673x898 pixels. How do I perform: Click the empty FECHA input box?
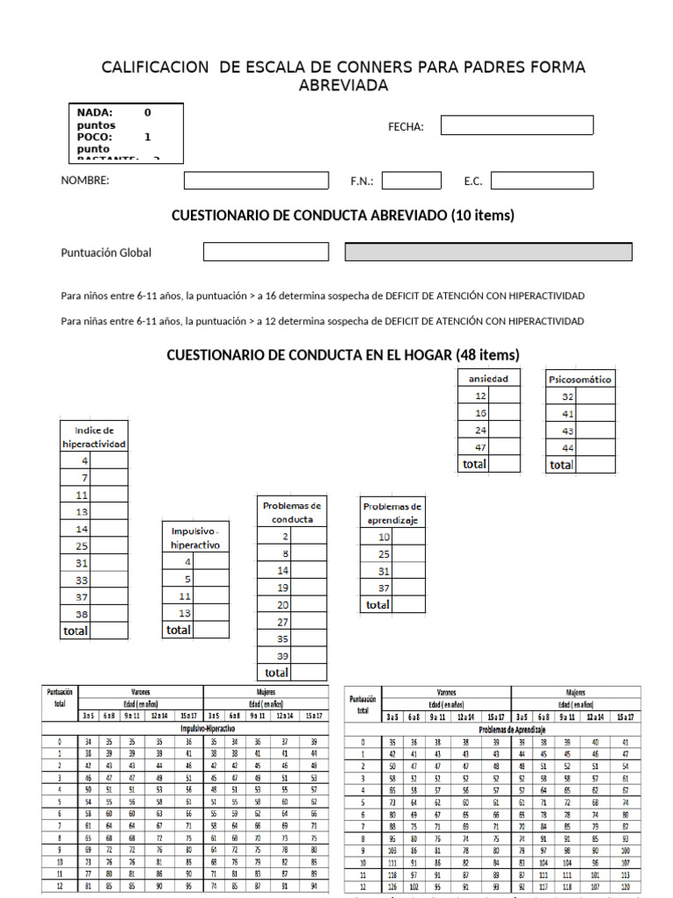516,125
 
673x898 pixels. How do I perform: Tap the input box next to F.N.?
411,180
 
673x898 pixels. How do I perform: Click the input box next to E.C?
542,180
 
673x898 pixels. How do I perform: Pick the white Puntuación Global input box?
266,252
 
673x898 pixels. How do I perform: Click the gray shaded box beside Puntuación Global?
488,252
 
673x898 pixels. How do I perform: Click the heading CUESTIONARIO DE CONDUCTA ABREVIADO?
343,215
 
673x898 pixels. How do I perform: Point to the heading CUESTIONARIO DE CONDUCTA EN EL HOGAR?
343,354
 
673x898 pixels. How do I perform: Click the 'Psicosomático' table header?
579,379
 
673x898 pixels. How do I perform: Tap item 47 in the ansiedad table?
480,447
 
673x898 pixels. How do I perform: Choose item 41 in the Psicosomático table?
567,413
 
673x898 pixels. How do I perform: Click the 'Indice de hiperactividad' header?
94,437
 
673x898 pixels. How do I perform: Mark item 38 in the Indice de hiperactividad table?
82,615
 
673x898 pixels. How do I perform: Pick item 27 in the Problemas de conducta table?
282,622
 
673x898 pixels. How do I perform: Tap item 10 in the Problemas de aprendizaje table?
384,537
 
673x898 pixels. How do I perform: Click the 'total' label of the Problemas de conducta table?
275,673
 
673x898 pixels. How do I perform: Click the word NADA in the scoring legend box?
95,112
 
